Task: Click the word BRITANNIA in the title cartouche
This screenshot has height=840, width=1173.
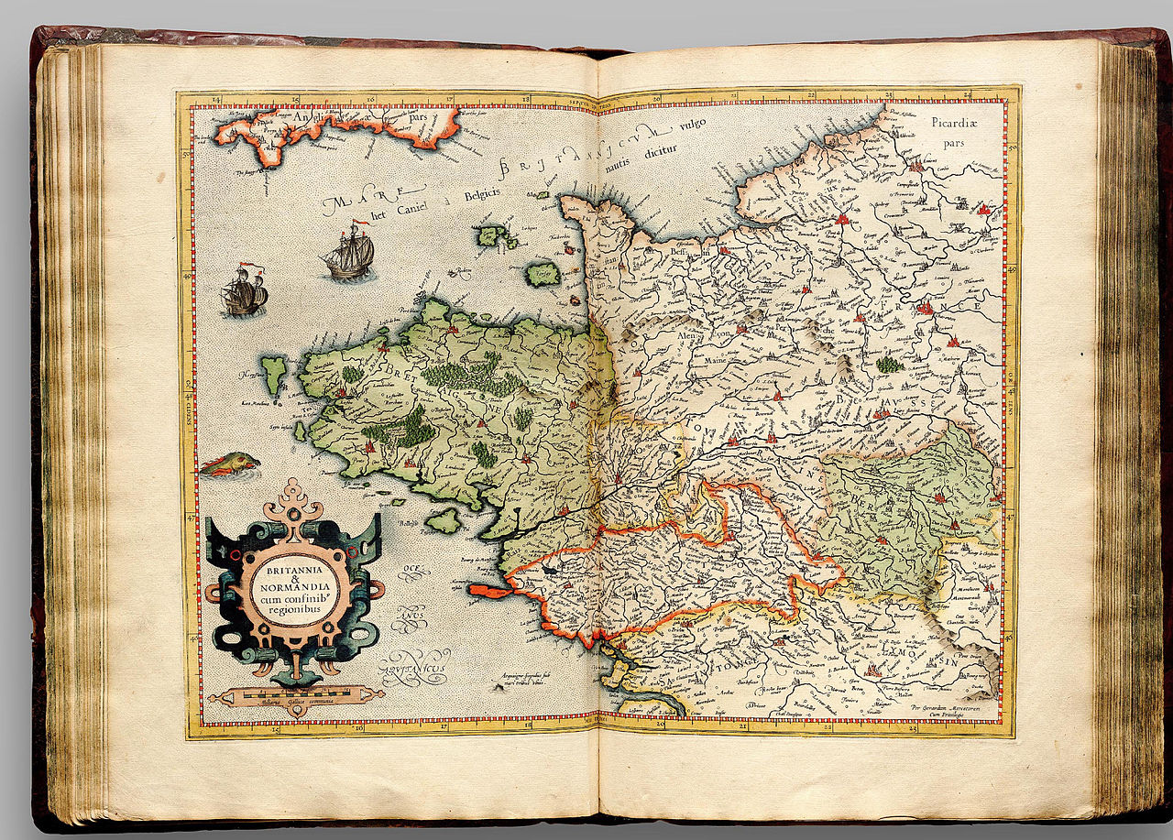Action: tap(294, 566)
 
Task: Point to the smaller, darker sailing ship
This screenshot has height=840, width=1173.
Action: tap(244, 292)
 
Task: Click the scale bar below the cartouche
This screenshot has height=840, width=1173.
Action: tap(295, 696)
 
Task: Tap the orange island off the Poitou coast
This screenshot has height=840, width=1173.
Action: tap(491, 592)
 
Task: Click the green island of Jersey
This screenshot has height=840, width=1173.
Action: tap(543, 274)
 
